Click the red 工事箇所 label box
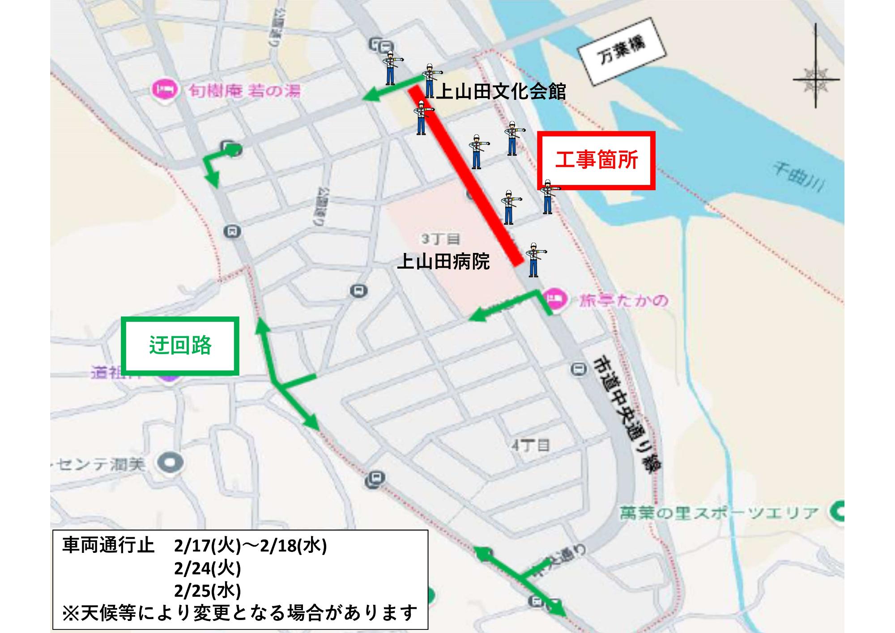click(596, 160)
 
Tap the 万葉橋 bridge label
click(622, 53)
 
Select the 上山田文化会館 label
click(501, 92)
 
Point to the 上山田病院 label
click(443, 261)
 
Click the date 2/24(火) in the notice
click(207, 569)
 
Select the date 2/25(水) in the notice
click(207, 591)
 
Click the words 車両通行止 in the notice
click(108, 546)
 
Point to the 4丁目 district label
click(530, 445)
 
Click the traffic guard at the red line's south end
click(533, 260)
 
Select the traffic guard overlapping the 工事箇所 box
click(548, 197)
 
